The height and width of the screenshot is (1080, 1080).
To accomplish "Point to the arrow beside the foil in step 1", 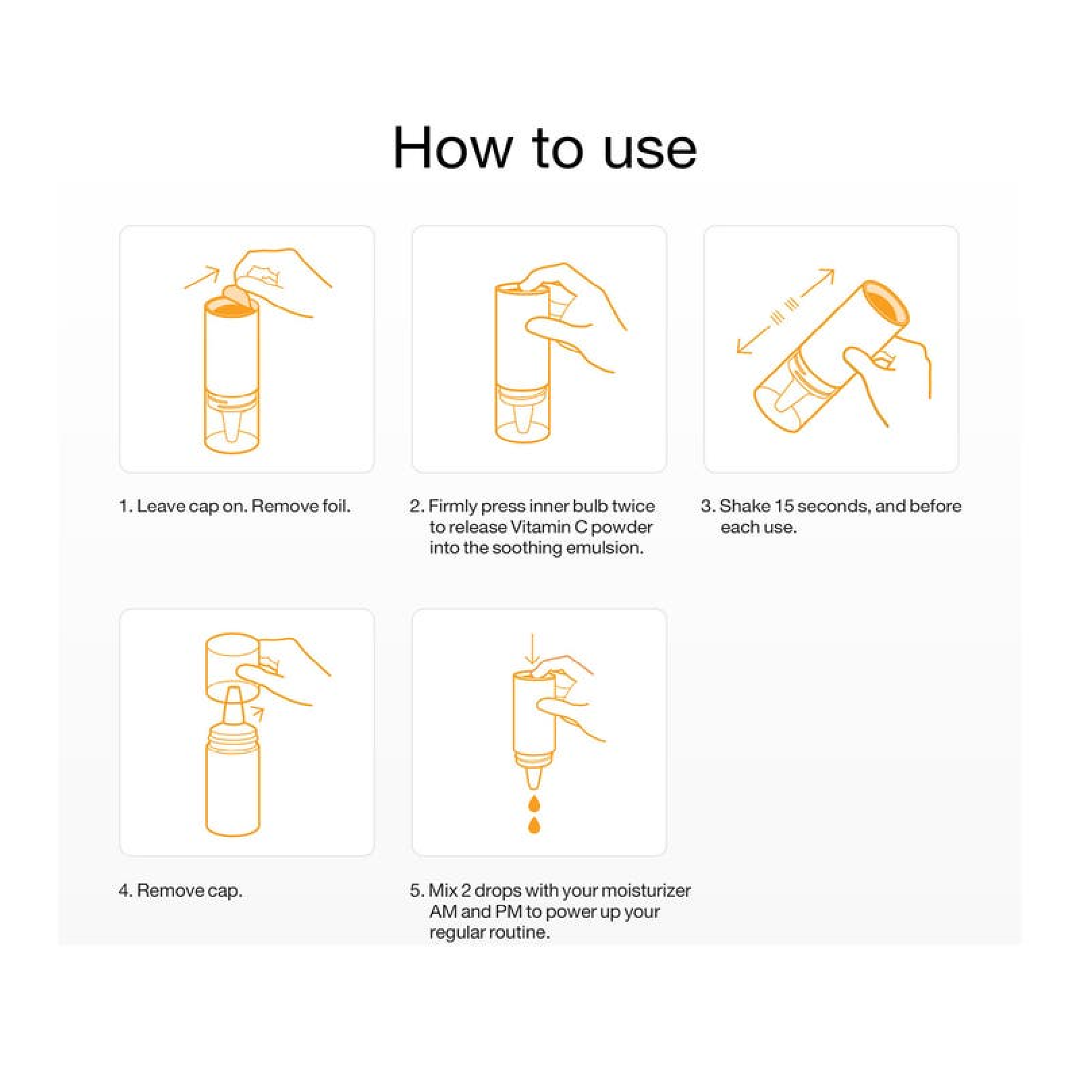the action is pos(202,278).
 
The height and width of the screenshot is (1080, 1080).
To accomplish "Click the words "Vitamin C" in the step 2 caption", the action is pos(549,527).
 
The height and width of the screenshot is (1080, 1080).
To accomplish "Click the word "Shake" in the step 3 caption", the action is pos(745,506).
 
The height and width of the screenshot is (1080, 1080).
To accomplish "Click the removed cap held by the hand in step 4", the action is pos(232,667).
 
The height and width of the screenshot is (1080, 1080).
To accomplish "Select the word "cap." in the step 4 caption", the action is pos(225,892).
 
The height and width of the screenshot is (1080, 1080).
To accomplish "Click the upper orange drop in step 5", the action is pos(534,803).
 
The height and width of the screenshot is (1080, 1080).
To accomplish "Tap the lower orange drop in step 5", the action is pos(534,825).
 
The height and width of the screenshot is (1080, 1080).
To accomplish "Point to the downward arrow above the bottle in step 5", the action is pos(533,649).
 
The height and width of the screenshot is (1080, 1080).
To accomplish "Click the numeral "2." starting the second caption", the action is pos(417,506).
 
